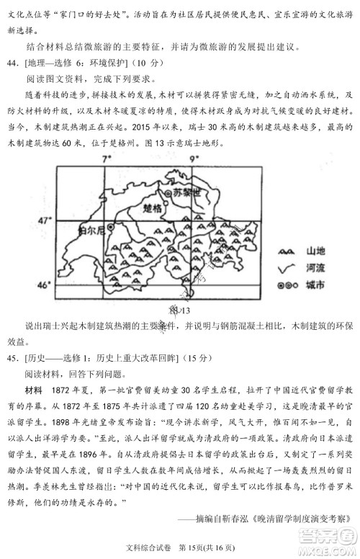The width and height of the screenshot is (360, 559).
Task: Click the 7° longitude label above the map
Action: (110, 157)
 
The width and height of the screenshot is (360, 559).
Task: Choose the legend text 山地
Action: (315, 251)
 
